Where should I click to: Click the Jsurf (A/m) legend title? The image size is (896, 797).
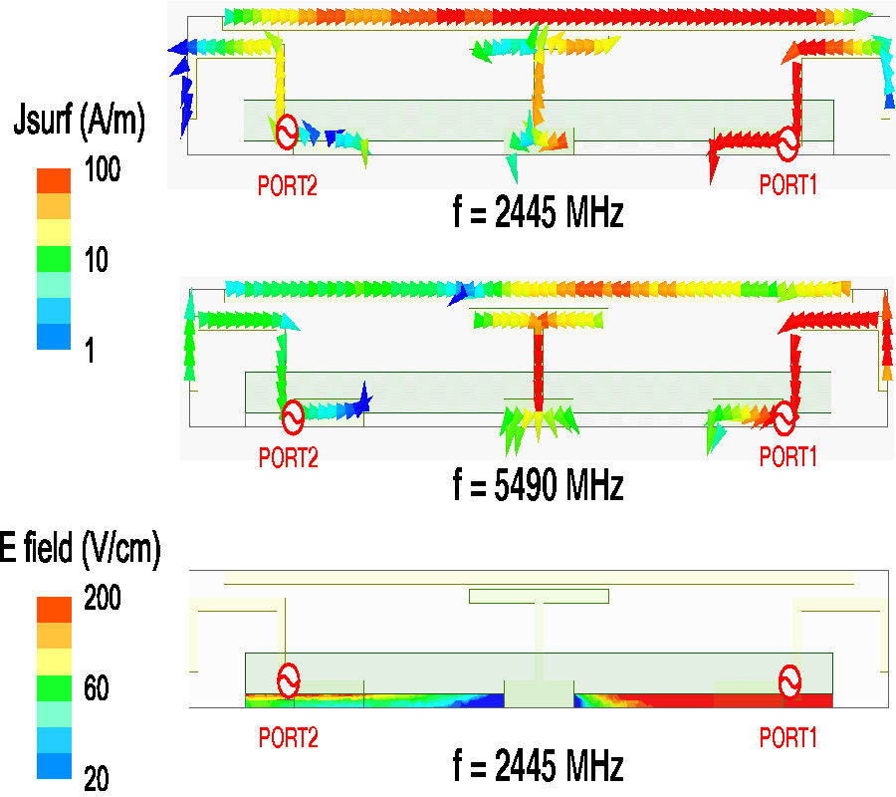click(x=81, y=120)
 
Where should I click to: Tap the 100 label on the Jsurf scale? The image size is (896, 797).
click(x=102, y=169)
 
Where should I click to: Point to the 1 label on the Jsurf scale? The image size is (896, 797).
click(x=90, y=351)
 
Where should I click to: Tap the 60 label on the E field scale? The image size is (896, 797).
click(x=97, y=688)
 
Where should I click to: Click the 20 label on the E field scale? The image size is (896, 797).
click(x=97, y=779)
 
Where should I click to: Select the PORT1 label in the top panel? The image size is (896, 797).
click(x=789, y=185)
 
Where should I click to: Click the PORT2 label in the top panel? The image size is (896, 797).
click(x=288, y=185)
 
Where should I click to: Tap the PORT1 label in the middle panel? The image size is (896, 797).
click(x=789, y=457)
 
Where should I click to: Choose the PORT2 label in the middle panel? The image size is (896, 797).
click(x=288, y=457)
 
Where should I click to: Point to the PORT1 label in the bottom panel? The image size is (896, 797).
click(x=789, y=738)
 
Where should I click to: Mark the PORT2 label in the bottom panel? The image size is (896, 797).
click(x=288, y=738)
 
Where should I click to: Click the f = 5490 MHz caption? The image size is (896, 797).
click(x=538, y=486)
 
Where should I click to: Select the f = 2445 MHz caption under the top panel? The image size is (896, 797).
click(x=538, y=213)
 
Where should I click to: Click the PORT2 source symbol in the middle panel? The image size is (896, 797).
click(x=292, y=417)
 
